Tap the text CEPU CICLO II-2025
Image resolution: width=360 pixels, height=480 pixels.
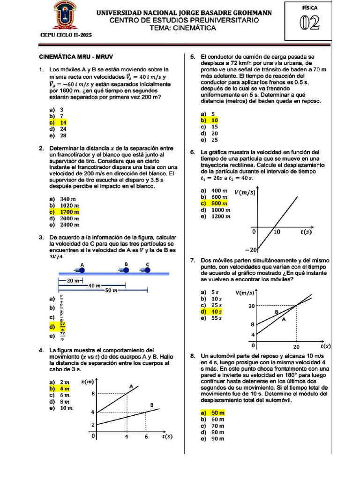tap(66, 35)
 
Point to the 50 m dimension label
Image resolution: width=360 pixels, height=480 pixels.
tap(111, 291)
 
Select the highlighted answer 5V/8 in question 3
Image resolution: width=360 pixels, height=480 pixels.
tap(62, 326)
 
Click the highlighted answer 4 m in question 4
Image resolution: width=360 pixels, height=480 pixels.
tap(64, 389)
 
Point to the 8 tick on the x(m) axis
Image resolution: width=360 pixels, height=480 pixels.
tap(93, 394)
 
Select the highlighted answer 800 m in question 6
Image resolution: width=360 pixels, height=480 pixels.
tap(219, 203)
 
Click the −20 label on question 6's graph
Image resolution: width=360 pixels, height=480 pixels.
tap(251, 249)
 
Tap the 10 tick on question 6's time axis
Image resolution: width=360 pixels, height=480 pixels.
tap(277, 232)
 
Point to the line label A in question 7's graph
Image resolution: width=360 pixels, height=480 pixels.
tap(283, 319)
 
